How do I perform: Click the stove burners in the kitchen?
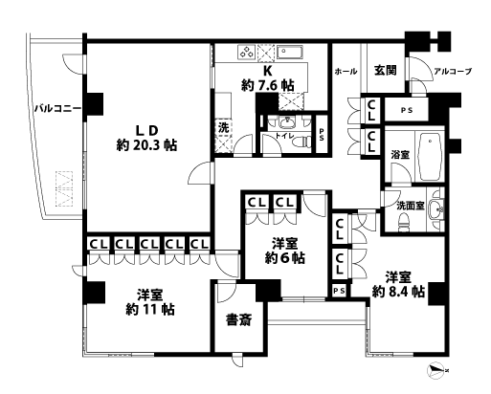246,53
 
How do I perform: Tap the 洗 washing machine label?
222,127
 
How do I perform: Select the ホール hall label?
346,72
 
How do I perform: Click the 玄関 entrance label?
386,69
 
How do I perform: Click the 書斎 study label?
238,319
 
